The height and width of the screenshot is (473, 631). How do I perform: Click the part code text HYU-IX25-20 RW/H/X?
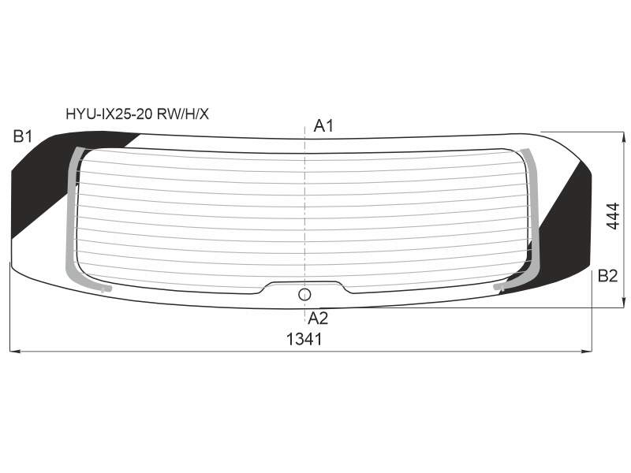coord(137,114)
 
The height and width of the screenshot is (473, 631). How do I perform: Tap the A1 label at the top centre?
coord(323,126)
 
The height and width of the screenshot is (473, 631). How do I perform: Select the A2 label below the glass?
coord(318,318)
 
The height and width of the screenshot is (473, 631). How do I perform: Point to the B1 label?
coord(23,136)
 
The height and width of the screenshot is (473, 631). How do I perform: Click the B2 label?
coord(607,276)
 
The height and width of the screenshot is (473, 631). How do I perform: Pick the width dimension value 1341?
coord(304,340)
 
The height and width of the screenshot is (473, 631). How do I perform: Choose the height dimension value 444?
coord(613,216)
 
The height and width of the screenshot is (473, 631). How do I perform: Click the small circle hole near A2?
coord(304,295)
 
